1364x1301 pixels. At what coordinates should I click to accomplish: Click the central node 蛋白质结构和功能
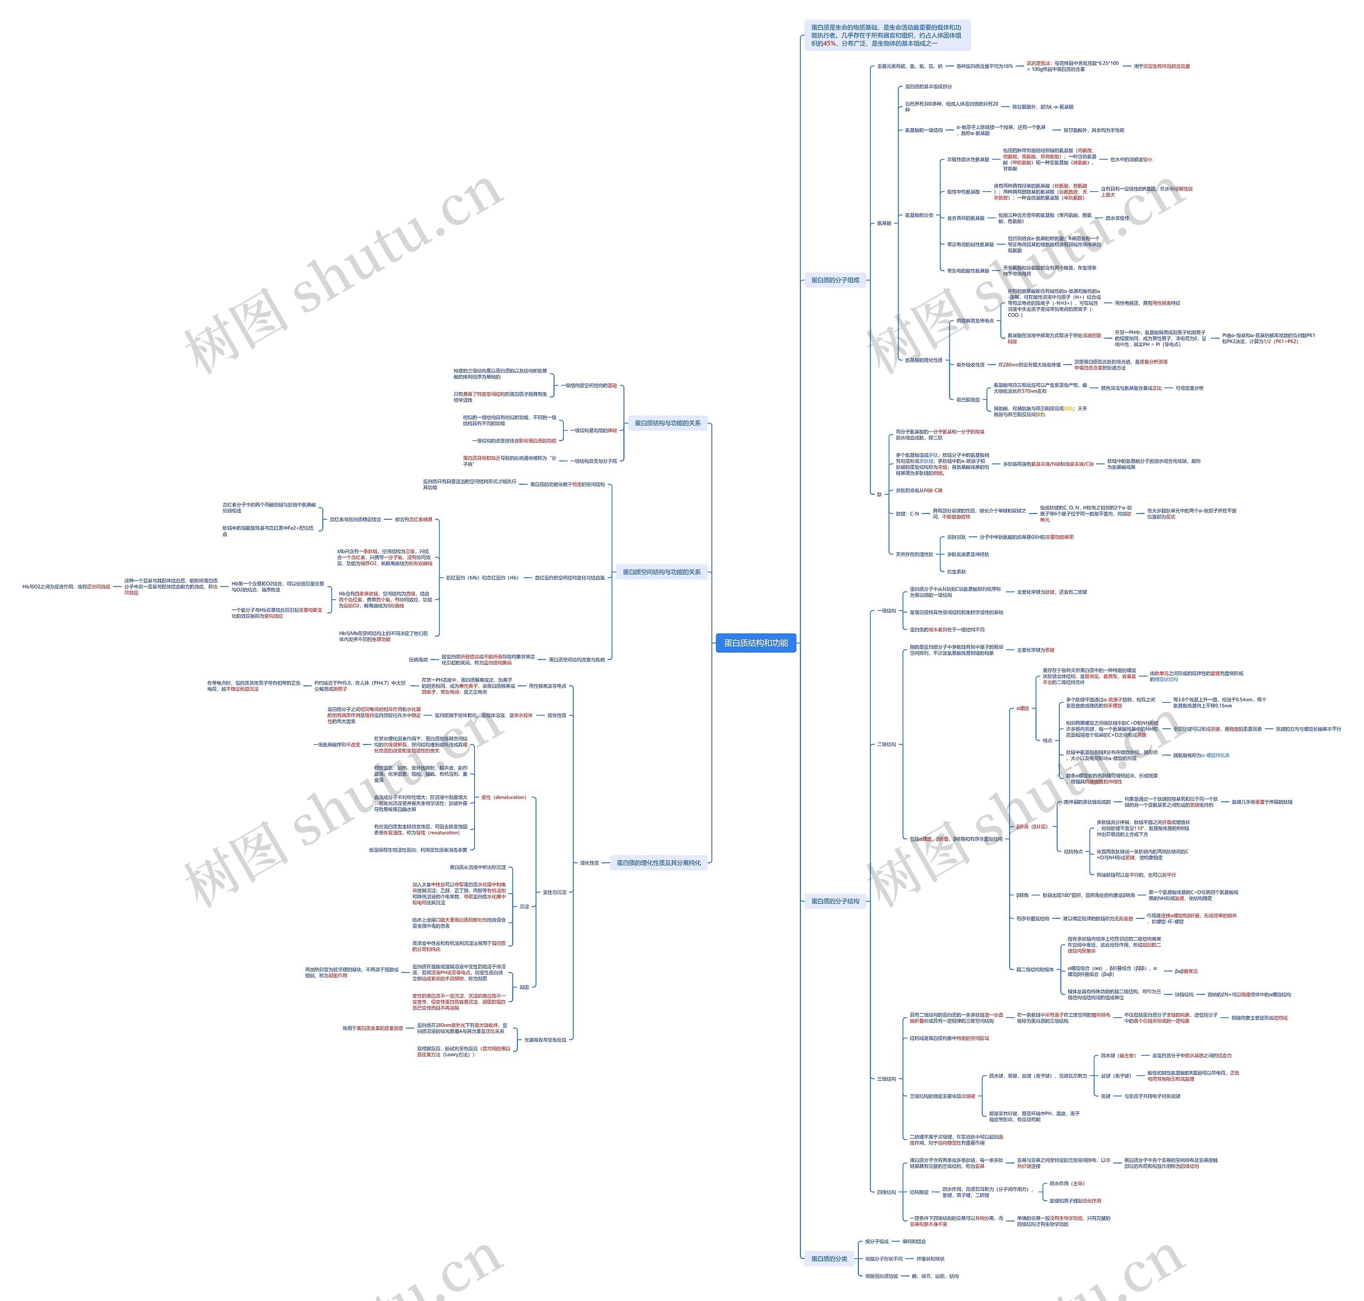coord(756,643)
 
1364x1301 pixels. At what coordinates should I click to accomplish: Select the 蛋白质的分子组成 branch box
coord(835,280)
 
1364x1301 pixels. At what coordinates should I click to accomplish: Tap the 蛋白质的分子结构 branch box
coord(835,901)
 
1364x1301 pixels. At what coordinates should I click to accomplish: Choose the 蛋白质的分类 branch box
coord(829,1258)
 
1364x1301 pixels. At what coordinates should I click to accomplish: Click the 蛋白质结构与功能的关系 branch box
coord(668,423)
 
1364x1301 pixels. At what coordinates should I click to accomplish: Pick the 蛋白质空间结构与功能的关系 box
coord(661,572)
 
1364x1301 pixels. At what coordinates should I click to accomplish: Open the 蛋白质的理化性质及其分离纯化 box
coord(659,863)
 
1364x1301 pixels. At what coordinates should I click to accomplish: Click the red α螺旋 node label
coord(1022,708)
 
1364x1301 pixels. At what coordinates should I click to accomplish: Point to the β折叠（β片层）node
coord(1032,826)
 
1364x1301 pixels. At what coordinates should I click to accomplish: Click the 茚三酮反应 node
coord(968,399)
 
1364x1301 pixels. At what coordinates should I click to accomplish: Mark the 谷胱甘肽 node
coord(956,537)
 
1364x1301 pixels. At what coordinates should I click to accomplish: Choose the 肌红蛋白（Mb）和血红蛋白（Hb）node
coord(482,577)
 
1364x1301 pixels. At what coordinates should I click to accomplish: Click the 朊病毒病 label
coord(419,660)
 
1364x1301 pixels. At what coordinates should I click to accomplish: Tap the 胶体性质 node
coord(557,715)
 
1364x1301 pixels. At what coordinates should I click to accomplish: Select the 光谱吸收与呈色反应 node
coord(545,1040)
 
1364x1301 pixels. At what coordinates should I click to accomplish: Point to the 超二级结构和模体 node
coord(1035,969)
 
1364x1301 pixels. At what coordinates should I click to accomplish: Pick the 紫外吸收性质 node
coord(970,365)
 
